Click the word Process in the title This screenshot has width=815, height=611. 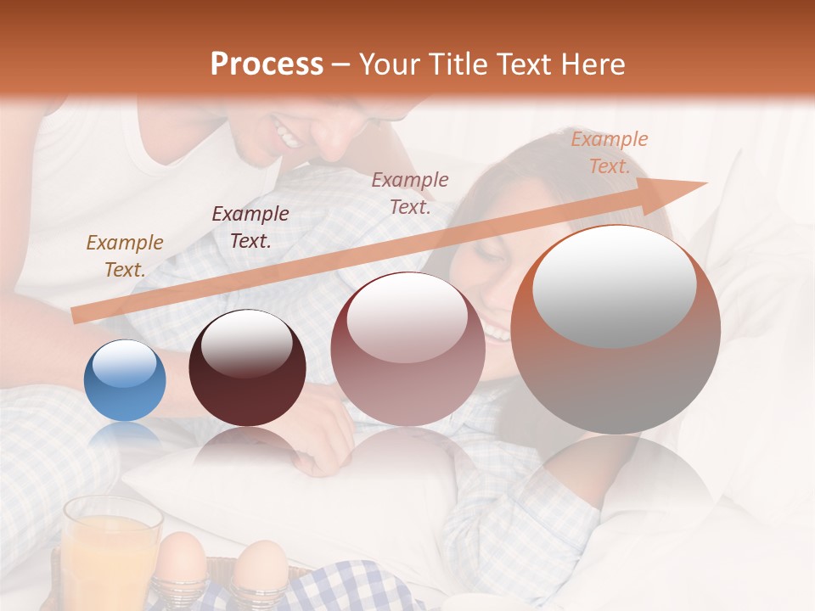tap(267, 64)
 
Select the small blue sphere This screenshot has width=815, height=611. tap(125, 380)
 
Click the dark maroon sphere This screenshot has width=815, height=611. tap(247, 368)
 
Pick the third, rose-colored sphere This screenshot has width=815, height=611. tap(407, 349)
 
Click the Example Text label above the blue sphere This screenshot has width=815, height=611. tap(125, 256)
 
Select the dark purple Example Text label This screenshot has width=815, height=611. tap(250, 227)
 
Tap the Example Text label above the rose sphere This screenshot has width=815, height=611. tap(410, 193)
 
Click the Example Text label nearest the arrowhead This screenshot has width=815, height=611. tap(609, 153)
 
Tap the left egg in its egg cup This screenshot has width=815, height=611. tap(182, 560)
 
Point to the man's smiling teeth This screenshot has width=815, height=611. tap(287, 134)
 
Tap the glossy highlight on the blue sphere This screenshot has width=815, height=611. tap(124, 363)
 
